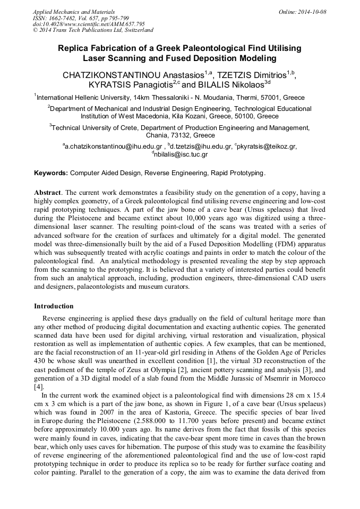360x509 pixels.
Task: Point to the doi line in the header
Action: click(89, 24)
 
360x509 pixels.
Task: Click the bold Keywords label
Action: click(51, 173)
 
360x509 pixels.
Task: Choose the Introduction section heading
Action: click(54, 306)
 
